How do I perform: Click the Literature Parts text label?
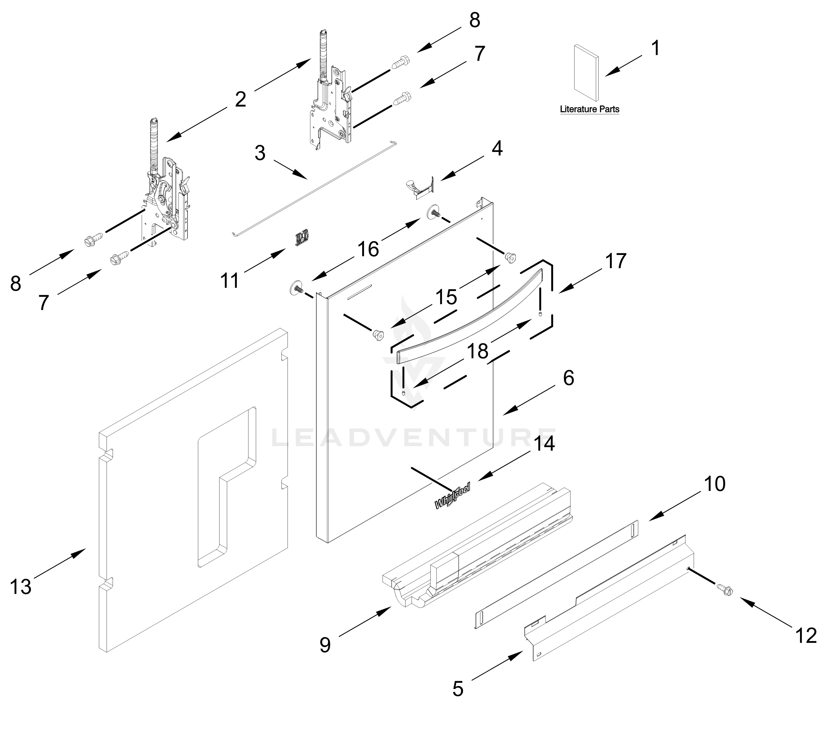[x=589, y=109]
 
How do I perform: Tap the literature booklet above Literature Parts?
[x=586, y=72]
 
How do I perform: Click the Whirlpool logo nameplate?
[x=452, y=496]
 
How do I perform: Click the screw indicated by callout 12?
[x=724, y=589]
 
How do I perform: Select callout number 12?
[x=806, y=635]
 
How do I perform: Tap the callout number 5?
[x=458, y=689]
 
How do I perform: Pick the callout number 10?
[x=715, y=484]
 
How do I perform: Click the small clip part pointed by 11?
[x=302, y=237]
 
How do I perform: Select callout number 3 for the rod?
[x=260, y=153]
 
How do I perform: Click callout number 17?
[x=615, y=261]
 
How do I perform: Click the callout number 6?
[x=568, y=378]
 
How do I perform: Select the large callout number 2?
[x=240, y=99]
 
